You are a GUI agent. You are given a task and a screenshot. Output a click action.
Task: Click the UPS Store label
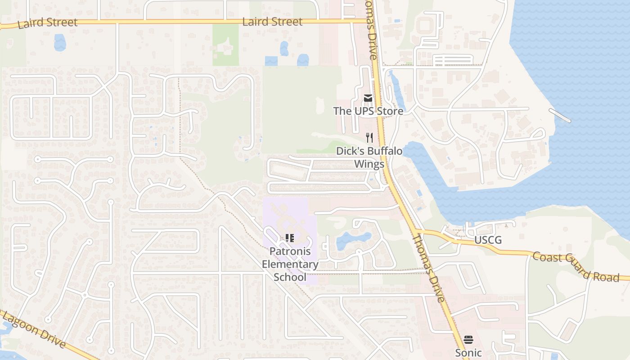pos(368,110)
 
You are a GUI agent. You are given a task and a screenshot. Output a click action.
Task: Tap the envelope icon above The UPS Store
pos(368,98)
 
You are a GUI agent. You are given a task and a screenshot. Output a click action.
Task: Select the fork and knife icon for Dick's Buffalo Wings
pos(369,137)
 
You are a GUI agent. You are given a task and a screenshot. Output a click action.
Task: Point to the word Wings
pos(369,163)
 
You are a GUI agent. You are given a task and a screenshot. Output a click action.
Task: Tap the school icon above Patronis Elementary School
pos(290,238)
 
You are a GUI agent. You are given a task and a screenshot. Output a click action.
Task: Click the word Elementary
pos(290,264)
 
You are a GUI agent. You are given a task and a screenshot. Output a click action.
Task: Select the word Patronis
pos(290,252)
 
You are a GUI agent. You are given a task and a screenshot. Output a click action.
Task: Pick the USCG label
pos(488,240)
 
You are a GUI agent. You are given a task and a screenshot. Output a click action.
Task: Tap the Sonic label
pos(468,352)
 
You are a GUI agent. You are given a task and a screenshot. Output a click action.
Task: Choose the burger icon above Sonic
pos(468,340)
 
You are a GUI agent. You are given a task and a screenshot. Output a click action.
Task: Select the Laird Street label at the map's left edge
pos(47,23)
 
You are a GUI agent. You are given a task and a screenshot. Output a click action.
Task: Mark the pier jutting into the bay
pos(560,115)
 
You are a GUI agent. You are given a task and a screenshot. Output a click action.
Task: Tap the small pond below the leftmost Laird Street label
pos(60,43)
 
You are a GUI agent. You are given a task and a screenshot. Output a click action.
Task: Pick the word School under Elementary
pos(290,277)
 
